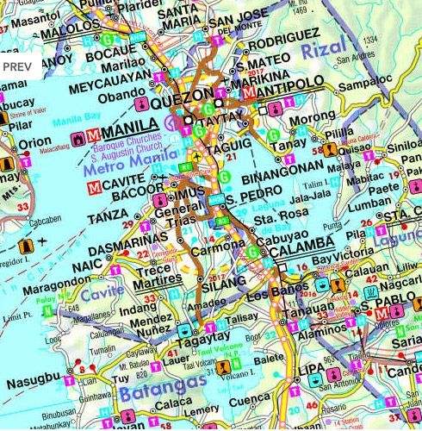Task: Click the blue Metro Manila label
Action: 122,169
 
